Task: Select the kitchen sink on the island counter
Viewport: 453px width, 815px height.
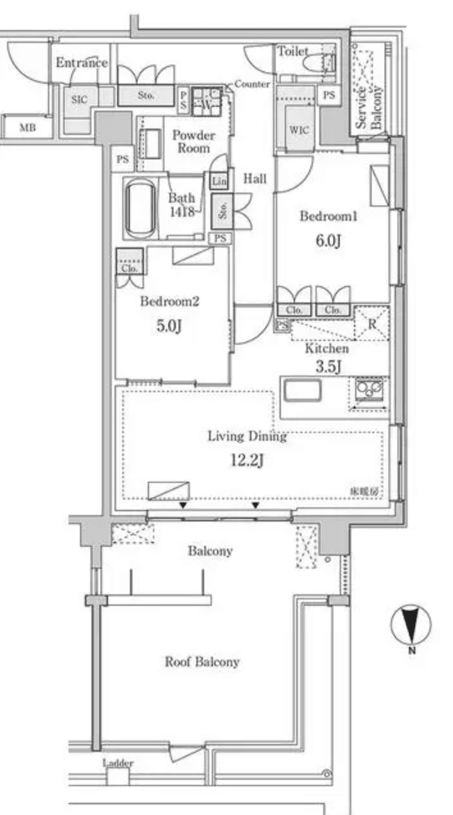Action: pos(302,390)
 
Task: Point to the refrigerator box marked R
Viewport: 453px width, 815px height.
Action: pos(372,322)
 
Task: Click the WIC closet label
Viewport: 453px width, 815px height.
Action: pos(298,129)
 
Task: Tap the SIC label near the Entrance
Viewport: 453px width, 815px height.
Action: pos(79,100)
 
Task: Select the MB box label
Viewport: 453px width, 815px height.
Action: pos(27,127)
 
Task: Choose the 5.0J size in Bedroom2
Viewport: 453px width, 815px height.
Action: pos(170,325)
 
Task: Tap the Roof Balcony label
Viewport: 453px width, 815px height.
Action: pos(202,661)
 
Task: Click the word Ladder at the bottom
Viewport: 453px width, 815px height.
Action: pos(118,763)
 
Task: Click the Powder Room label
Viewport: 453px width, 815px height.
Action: pos(193,141)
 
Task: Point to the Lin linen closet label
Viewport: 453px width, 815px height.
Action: pos(218,181)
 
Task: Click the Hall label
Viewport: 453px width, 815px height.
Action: pos(255,180)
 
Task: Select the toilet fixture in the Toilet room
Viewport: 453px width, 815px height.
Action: pos(317,65)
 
